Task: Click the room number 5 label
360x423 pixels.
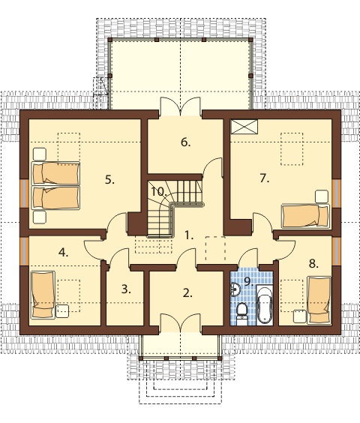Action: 109,180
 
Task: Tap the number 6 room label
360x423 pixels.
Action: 185,142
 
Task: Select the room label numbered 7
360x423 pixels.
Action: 265,178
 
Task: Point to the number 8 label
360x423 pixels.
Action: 313,263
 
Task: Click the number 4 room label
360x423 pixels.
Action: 63,253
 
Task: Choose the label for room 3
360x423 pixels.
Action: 126,289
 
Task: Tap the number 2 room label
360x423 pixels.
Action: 187,293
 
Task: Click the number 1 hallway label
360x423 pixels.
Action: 189,235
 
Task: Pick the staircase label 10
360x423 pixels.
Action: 158,192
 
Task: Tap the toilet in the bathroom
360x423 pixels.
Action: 241,313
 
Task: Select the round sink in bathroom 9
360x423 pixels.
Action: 235,289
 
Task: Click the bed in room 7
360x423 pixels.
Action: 305,216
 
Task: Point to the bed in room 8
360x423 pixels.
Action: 319,299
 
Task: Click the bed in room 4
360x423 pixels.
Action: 43,294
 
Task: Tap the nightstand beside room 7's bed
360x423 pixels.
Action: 322,196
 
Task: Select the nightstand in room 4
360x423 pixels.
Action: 62,311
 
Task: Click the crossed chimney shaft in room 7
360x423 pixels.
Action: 244,127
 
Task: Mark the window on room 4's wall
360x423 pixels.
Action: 24,250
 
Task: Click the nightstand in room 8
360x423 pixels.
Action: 300,316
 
